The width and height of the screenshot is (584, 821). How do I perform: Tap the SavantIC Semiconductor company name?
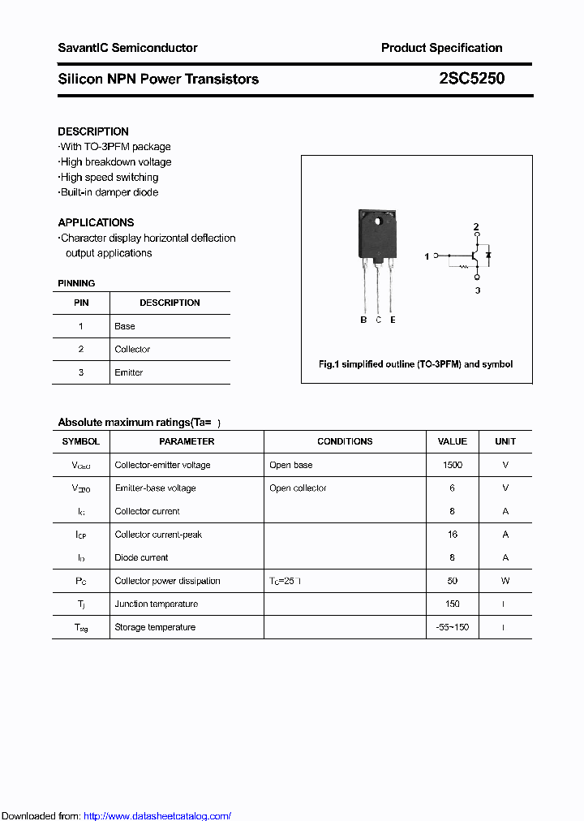tap(127, 48)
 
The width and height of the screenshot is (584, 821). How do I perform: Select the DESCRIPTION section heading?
tap(93, 131)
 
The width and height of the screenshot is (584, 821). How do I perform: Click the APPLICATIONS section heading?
tap(96, 222)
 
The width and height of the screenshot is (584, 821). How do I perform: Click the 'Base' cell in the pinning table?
tap(125, 326)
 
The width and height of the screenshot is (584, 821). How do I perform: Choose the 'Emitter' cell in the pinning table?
tap(129, 372)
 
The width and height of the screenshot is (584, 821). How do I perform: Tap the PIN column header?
tap(81, 303)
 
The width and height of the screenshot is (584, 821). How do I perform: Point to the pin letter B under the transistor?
tap(363, 320)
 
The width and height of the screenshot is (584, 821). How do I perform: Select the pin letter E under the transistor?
tap(393, 320)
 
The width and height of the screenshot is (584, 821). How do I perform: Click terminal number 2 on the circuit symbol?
tap(477, 226)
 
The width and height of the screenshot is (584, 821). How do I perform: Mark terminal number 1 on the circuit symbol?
tap(427, 256)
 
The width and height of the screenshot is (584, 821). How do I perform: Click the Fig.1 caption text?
tap(416, 364)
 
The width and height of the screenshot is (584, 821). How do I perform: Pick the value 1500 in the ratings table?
tap(453, 465)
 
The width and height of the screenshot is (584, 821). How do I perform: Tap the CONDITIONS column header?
tap(345, 441)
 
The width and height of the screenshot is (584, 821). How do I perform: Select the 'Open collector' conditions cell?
tap(298, 488)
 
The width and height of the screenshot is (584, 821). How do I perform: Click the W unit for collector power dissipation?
tap(505, 581)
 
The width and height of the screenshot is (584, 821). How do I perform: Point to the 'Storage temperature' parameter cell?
tap(155, 627)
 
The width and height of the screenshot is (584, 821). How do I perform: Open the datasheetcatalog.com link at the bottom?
tap(157, 816)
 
